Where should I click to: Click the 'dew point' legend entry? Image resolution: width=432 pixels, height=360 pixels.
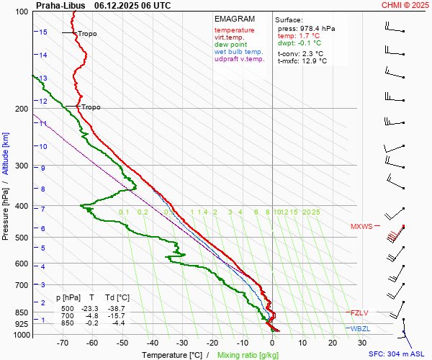(230, 45)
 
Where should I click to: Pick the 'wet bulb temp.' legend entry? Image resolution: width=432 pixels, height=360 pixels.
(239, 52)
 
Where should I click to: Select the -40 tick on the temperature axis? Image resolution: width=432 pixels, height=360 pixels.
(152, 343)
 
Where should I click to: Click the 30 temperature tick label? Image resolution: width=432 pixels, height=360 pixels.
(362, 343)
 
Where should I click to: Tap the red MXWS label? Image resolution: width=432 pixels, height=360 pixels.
(361, 227)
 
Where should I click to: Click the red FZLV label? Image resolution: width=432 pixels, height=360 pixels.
(359, 312)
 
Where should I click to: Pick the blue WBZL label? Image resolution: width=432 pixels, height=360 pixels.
(360, 328)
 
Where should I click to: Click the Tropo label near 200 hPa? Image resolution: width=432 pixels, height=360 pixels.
(91, 107)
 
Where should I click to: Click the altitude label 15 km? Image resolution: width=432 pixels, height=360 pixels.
(43, 32)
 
